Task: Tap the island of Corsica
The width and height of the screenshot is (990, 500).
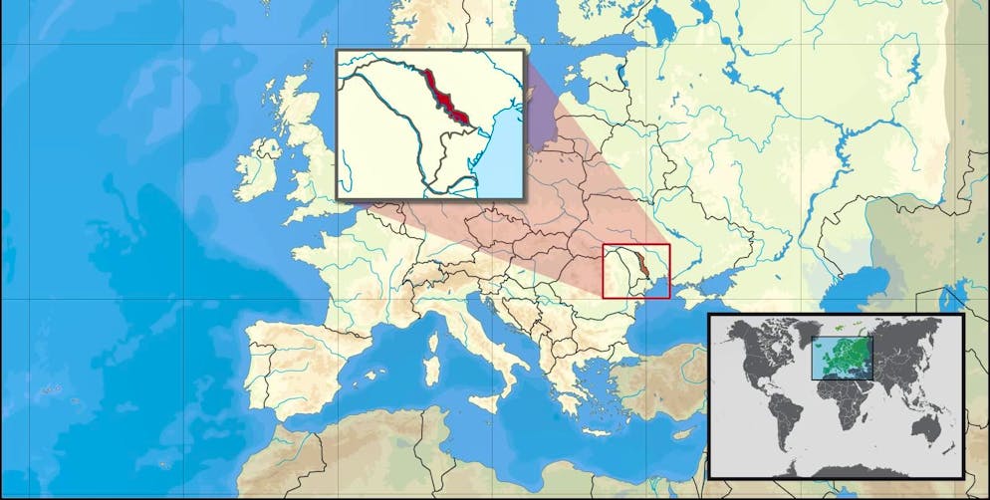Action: [x=434, y=321]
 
